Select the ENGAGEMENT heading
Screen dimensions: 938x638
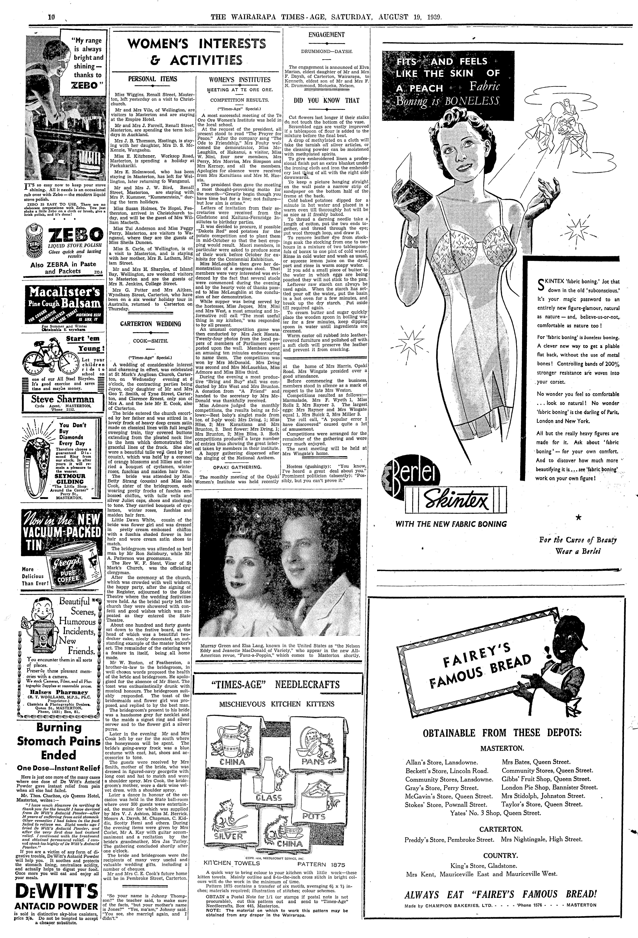click(326, 35)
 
